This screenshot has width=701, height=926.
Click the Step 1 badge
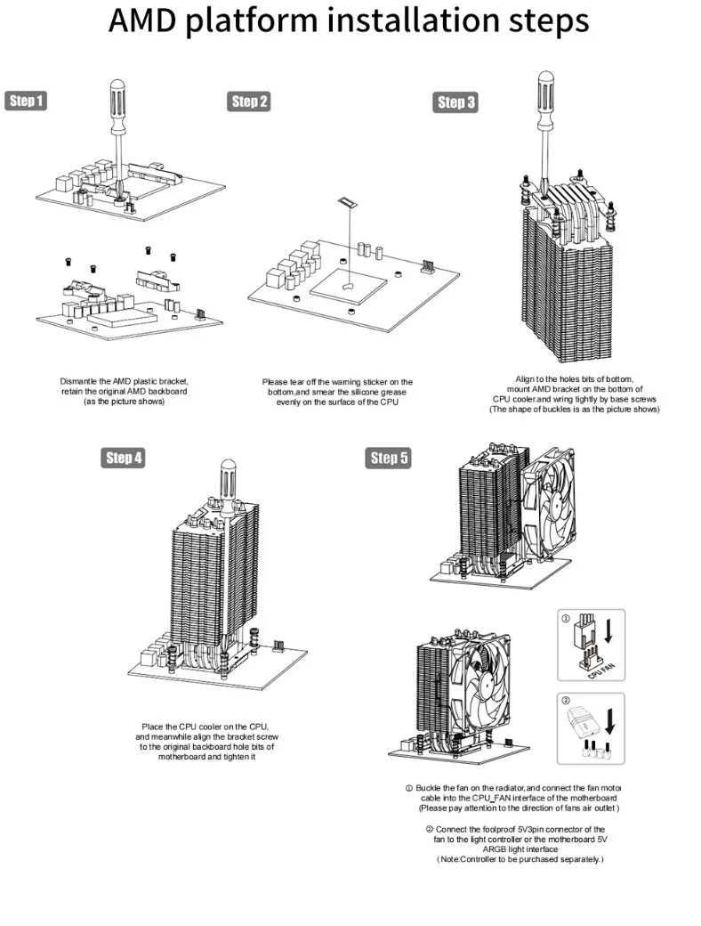(26, 101)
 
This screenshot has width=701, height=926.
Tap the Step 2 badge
(250, 102)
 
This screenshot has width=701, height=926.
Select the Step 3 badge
(456, 102)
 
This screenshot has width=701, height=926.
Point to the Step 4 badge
(124, 458)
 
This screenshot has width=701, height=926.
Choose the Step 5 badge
(389, 458)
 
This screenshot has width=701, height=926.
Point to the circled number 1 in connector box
(566, 619)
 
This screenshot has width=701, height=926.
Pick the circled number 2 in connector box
(566, 703)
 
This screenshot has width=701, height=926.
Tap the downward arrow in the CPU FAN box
(608, 631)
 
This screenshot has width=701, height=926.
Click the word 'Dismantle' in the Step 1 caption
(81, 381)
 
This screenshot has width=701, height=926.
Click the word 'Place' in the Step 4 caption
(153, 727)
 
